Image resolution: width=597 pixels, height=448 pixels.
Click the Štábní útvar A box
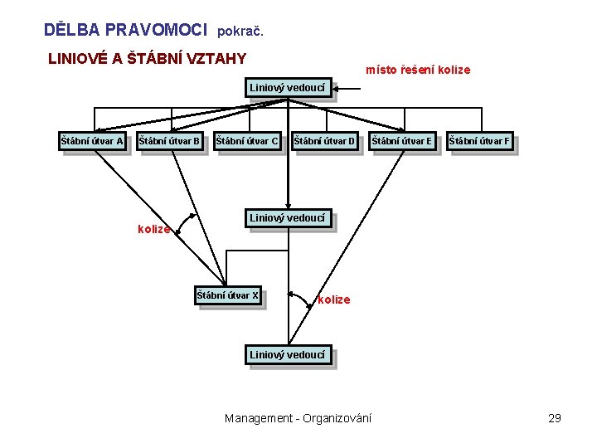[x=92, y=141]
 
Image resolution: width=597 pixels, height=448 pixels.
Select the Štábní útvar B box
[x=169, y=141]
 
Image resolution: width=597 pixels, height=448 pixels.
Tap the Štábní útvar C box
[x=247, y=141]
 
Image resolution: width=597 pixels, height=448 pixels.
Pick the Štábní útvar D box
[x=325, y=141]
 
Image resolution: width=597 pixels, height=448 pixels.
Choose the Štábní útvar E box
[x=402, y=141]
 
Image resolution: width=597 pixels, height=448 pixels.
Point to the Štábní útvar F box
[x=479, y=141]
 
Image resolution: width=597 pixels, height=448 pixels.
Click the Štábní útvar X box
[x=228, y=295]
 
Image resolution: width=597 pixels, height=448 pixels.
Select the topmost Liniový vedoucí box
[x=289, y=86]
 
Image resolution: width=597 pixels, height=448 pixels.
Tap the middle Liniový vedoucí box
[x=289, y=218]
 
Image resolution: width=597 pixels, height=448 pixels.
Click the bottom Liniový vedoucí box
[x=289, y=355]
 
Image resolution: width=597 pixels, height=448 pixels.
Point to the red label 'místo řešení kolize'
[x=418, y=70]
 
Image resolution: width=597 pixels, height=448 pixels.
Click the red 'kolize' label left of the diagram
[x=153, y=229]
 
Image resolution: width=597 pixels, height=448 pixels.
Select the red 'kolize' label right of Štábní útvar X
[x=334, y=299]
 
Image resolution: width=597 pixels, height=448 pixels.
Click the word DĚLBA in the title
[x=71, y=30]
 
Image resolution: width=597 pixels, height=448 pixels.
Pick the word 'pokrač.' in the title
[x=240, y=32]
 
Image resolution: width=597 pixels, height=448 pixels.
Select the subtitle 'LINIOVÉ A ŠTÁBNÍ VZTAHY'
[x=148, y=59]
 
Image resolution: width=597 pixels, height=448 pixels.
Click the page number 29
[x=555, y=418]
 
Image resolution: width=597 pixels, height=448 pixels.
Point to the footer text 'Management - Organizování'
[x=298, y=418]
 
